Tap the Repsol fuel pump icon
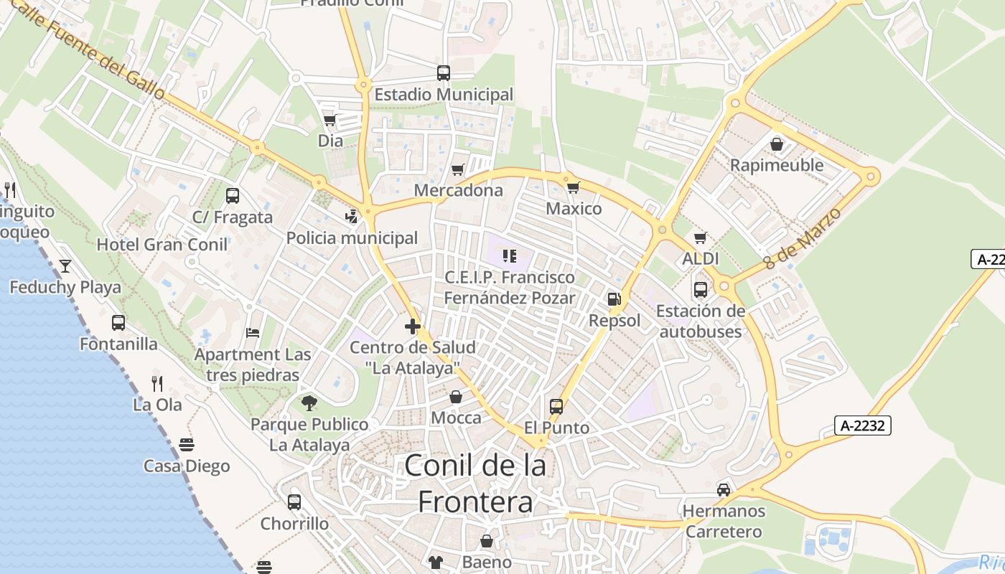(x=614, y=299)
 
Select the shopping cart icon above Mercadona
(x=457, y=170)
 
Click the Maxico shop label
(x=574, y=209)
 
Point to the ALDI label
(x=701, y=258)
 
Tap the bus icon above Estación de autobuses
(x=700, y=290)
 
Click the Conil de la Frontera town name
(x=475, y=484)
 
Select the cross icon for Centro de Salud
(x=413, y=326)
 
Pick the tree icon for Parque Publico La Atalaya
(x=309, y=403)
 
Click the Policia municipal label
(x=352, y=237)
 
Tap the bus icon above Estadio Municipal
(x=444, y=72)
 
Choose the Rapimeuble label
(x=777, y=165)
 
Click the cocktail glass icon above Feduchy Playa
(x=65, y=266)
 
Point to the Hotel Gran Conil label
(x=162, y=244)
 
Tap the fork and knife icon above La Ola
(x=157, y=383)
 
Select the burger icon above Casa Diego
(x=187, y=445)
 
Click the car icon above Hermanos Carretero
(x=724, y=490)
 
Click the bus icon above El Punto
(x=556, y=407)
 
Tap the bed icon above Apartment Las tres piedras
(x=253, y=333)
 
